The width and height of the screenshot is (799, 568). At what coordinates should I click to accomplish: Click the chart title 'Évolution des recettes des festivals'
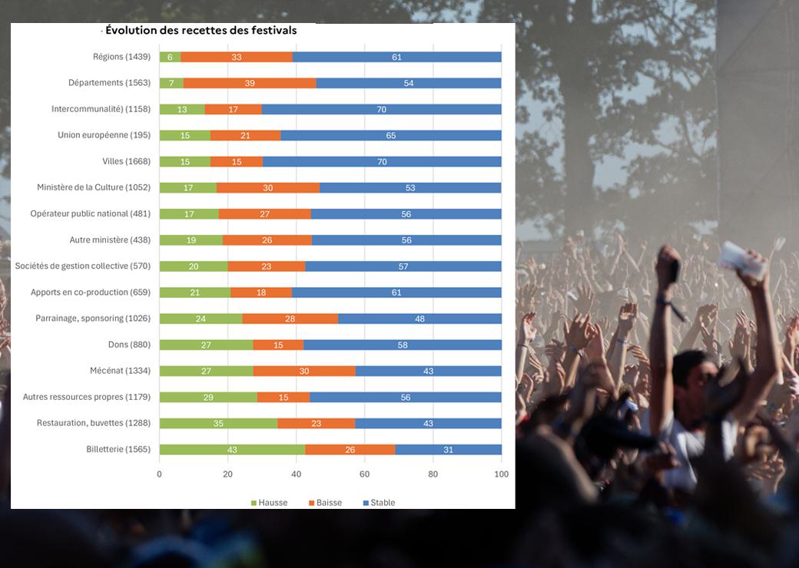[x=201, y=30]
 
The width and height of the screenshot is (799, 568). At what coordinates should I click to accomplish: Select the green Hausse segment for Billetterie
[x=232, y=450]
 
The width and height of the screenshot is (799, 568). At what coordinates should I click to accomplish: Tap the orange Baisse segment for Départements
[x=250, y=83]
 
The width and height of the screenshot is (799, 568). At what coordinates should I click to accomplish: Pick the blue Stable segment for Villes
[x=382, y=161]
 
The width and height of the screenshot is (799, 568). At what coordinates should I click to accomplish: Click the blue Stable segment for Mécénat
[x=429, y=371]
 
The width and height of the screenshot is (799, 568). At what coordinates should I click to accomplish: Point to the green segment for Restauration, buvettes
[x=219, y=423]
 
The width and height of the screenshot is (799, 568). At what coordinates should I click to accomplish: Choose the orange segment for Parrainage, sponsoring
[x=290, y=319]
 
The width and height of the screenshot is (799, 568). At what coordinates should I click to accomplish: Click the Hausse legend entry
[x=269, y=502]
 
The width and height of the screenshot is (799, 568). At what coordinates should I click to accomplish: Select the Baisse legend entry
[x=325, y=502]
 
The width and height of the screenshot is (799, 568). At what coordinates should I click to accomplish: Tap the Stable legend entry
[x=379, y=502]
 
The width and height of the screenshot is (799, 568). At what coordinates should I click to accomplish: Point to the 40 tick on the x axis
[x=296, y=474]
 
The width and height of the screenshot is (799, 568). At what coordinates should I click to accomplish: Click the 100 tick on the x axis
[x=502, y=474]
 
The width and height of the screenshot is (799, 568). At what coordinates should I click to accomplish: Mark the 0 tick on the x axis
[x=160, y=474]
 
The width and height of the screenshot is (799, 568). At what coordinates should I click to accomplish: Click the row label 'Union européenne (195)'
[x=104, y=135]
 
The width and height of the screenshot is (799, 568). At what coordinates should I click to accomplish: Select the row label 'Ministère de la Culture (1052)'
[x=94, y=187]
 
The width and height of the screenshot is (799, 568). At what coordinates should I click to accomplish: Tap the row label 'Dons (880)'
[x=129, y=345]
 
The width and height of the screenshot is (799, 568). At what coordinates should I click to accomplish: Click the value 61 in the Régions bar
[x=397, y=57]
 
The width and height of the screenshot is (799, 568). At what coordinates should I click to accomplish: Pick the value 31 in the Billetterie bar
[x=449, y=450]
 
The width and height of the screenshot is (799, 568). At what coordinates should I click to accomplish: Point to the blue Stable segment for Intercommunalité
[x=382, y=109]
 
